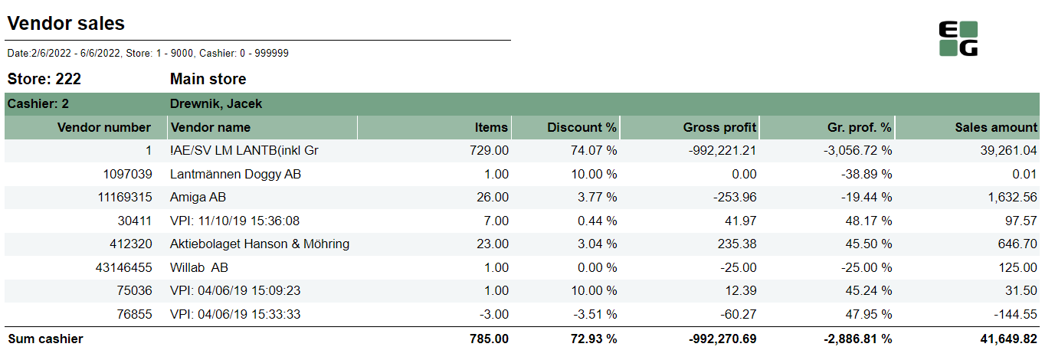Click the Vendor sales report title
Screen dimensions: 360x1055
[66, 24]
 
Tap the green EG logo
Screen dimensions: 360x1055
[958, 39]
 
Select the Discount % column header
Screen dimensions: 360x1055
[582, 128]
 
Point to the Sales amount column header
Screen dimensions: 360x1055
[996, 128]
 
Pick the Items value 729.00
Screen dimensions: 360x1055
[489, 151]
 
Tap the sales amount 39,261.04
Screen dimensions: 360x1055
[1005, 151]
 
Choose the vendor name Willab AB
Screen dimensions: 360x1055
[199, 268]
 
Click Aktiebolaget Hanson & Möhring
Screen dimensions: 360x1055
[260, 244]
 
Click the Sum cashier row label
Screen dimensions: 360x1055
[45, 339]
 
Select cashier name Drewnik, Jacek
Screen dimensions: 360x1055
[217, 104]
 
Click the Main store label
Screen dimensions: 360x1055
[208, 79]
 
